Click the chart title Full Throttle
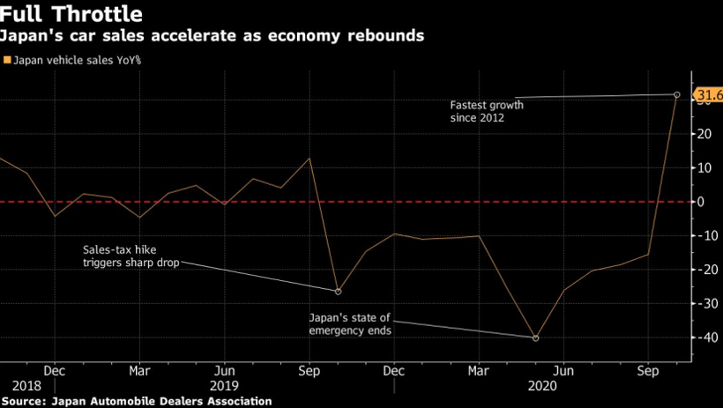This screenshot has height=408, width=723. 73,15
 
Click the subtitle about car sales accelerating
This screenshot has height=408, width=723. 212,36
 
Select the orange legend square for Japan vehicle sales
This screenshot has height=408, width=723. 8,60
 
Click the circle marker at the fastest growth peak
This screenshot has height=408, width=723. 676,94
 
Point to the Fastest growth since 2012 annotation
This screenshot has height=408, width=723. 487,110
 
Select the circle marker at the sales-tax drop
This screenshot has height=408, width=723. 338,291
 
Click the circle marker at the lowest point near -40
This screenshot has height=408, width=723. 535,338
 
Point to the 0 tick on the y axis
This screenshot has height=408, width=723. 701,202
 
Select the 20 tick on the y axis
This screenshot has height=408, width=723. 704,134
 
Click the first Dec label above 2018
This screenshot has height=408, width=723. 54,371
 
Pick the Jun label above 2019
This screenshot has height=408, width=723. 225,371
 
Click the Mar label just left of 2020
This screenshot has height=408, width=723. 480,371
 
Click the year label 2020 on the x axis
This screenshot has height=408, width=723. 540,385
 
